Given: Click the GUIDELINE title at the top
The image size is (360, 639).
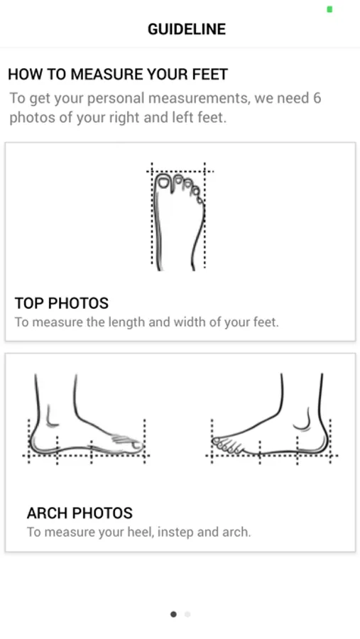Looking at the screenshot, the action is [x=187, y=29].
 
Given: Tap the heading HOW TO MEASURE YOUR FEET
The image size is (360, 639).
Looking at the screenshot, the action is [x=118, y=74].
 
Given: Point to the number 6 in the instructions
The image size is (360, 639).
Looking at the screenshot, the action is [x=317, y=98].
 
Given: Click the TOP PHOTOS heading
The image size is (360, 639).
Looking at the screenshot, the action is [x=62, y=303].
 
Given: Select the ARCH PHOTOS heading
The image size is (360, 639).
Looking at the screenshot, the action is [x=80, y=513].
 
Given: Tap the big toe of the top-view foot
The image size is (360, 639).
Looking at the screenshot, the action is [x=163, y=182].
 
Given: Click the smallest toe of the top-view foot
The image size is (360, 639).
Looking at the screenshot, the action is [x=200, y=200].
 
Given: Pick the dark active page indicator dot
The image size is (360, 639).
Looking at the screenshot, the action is [x=173, y=614].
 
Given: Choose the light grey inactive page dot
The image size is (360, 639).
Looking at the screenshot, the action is [x=187, y=614].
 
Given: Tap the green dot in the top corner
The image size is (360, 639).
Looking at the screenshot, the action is [x=329, y=9].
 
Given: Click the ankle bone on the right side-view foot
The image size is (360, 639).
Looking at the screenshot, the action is [x=303, y=420].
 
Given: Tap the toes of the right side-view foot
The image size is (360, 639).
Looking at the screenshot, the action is [x=227, y=445].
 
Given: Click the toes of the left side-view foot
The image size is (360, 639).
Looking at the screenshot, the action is [x=128, y=443].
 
